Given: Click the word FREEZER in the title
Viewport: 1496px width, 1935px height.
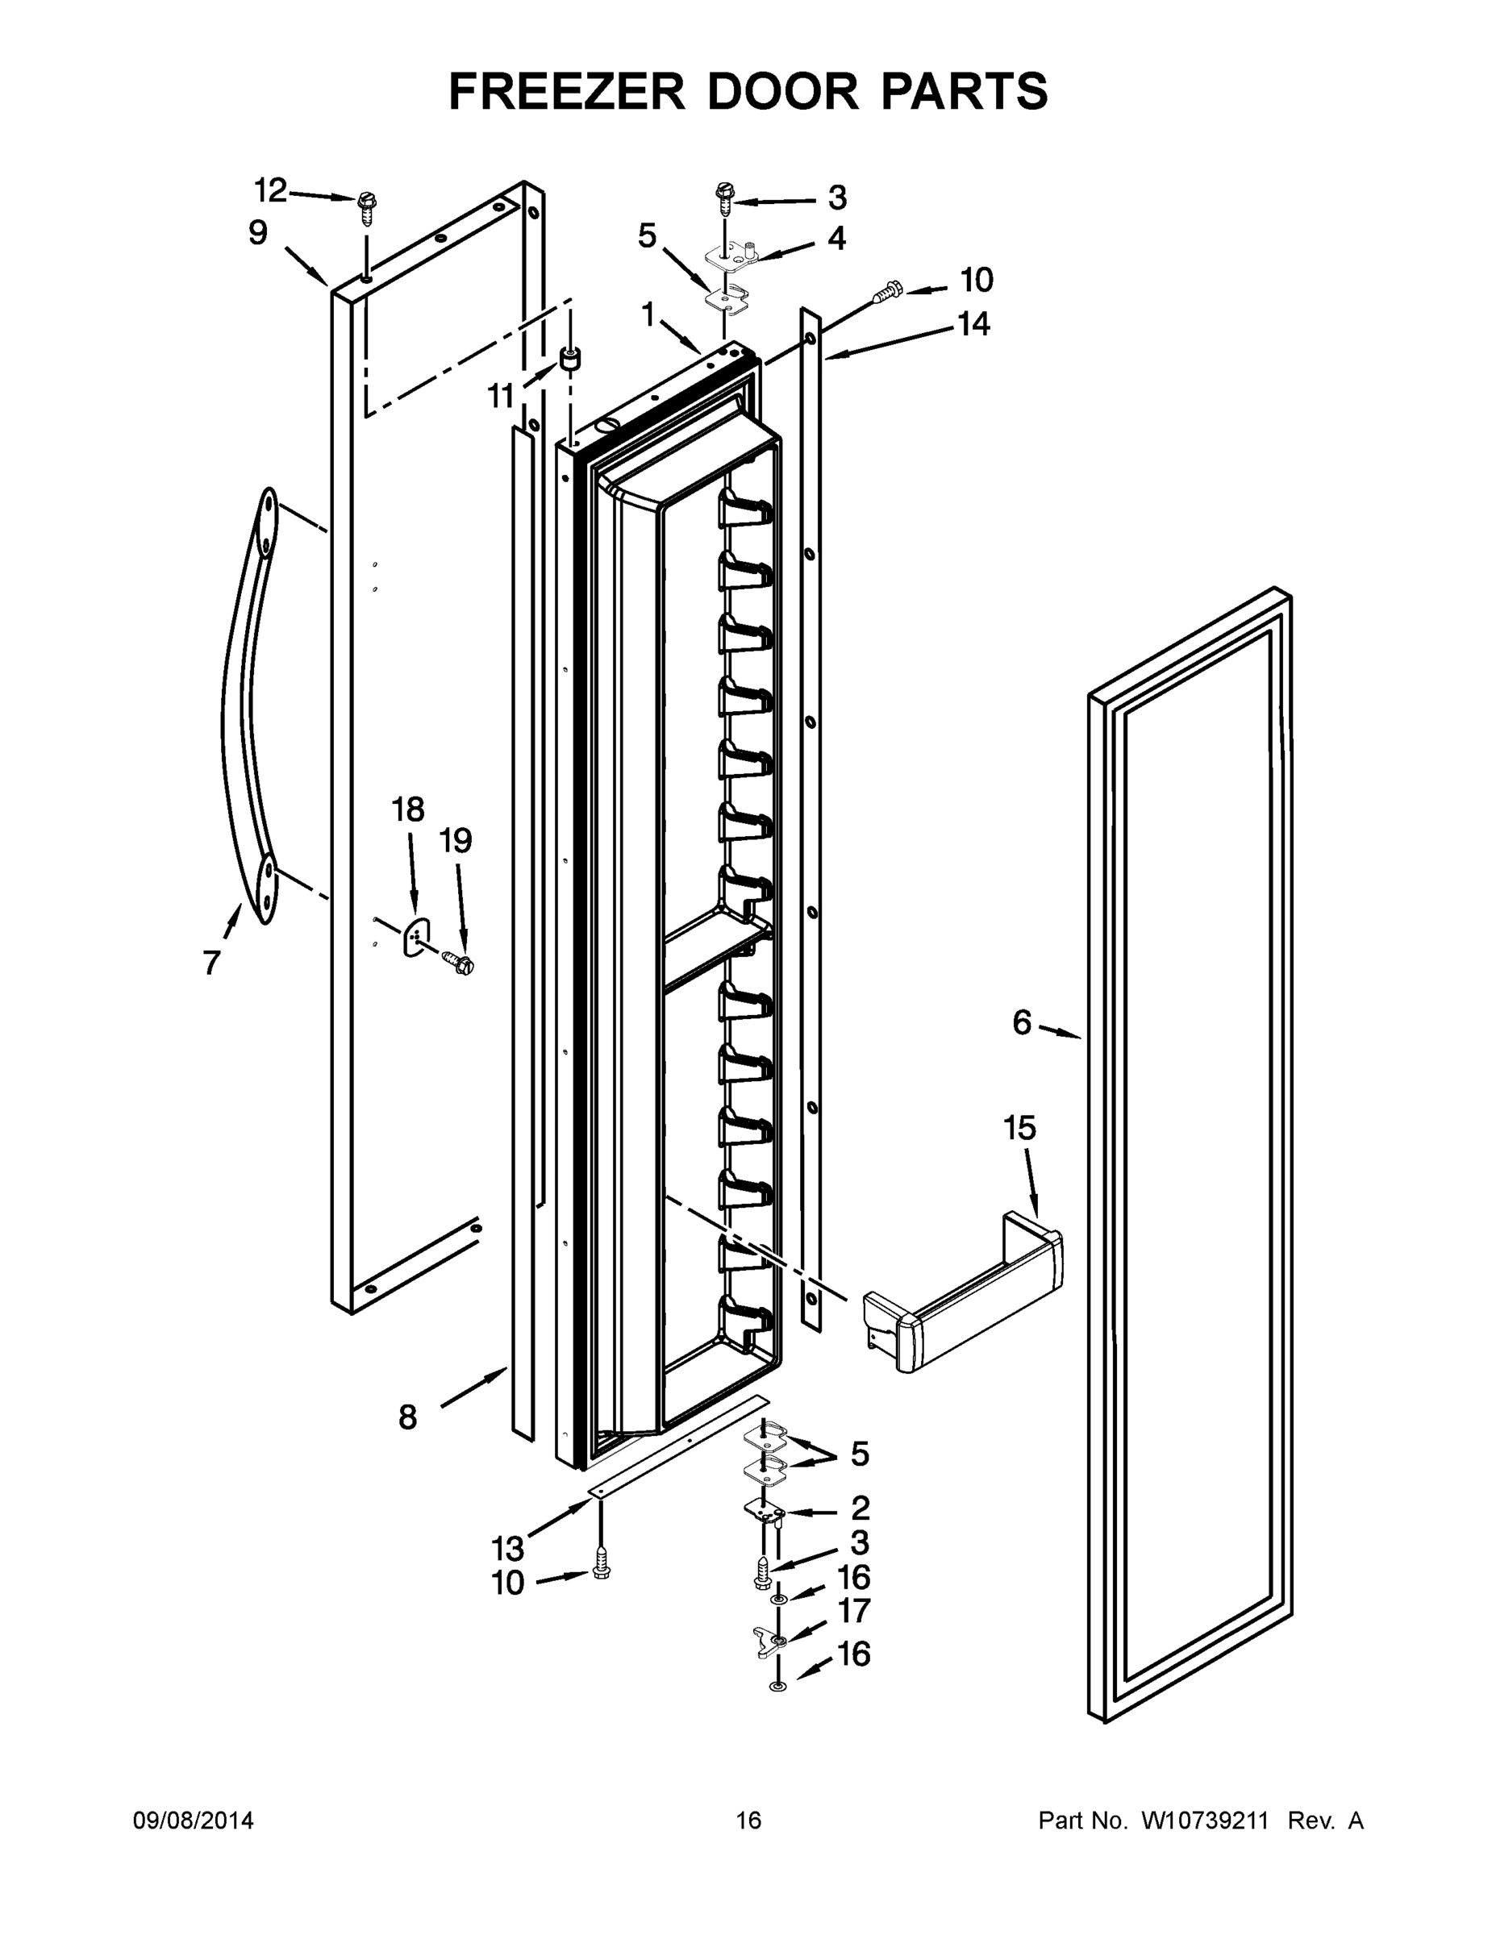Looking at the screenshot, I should [567, 91].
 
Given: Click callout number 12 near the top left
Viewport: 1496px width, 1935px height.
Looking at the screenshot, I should [271, 189].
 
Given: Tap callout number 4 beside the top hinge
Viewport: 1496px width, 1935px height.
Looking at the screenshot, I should [836, 239].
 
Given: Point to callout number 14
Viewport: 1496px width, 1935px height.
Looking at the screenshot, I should [973, 324].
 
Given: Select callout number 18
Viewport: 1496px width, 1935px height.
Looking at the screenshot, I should [409, 809].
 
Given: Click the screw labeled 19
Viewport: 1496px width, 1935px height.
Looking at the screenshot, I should [460, 959].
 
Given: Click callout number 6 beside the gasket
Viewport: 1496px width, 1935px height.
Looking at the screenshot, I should [1022, 1023].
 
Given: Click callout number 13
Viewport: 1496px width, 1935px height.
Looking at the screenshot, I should [508, 1549].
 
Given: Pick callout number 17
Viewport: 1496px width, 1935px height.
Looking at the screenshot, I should [854, 1611].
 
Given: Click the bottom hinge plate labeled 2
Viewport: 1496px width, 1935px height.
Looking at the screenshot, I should [764, 1512].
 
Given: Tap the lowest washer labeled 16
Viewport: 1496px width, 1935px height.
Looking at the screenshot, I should [778, 1684].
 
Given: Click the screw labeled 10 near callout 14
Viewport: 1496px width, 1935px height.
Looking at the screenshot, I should [888, 288].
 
